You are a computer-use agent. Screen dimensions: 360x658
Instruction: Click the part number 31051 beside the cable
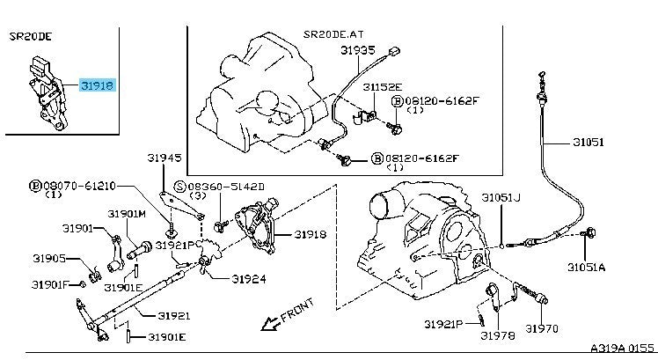coord(587,141)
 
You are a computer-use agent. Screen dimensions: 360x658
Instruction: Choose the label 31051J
coord(500,198)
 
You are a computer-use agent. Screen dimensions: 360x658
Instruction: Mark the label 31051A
coord(586,266)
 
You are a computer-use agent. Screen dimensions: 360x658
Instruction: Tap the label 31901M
coord(127,213)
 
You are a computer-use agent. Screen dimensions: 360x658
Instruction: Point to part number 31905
coord(50,259)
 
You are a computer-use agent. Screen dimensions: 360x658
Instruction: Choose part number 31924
coord(250,280)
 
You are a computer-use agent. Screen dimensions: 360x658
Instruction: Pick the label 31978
coord(498,335)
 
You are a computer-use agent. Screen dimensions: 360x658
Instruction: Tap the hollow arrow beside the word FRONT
coord(270,323)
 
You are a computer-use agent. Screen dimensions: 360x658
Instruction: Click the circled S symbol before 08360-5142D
coord(179,187)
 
